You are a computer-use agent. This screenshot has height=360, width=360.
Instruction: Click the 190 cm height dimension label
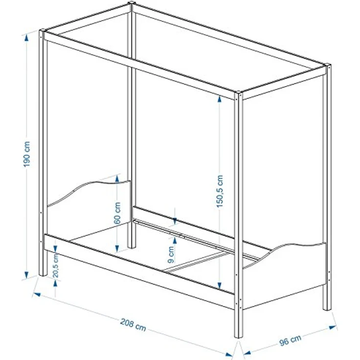click(27, 154)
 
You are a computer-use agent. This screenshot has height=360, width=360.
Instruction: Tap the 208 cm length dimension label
click(133, 325)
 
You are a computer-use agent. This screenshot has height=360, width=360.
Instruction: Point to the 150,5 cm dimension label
click(220, 191)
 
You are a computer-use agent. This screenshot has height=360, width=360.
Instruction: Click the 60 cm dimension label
click(117, 213)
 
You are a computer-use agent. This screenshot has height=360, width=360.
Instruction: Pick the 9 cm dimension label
click(171, 254)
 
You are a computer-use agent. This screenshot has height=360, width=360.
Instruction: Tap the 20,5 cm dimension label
click(56, 265)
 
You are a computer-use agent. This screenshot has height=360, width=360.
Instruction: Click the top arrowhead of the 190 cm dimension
click(27, 38)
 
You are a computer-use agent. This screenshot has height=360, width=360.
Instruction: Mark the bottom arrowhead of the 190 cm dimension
click(26, 274)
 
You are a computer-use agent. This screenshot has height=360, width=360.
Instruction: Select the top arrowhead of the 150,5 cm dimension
click(220, 99)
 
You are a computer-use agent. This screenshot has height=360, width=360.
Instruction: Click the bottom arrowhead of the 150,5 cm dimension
click(220, 285)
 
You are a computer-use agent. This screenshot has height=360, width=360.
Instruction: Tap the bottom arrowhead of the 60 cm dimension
click(117, 248)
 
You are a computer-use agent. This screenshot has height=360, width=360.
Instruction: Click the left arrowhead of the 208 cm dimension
click(37, 294)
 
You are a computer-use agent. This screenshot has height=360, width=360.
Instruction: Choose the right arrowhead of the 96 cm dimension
click(332, 327)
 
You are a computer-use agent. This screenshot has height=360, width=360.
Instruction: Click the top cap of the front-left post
click(43, 30)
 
